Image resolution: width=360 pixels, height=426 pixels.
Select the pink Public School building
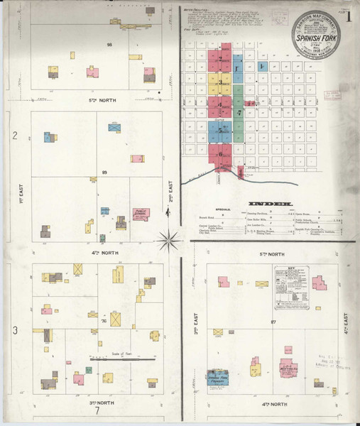pyautogui.click(x=141, y=214)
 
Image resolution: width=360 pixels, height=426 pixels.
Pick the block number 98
pyautogui.click(x=109, y=45)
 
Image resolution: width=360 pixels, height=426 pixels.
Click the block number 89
pyautogui.click(x=104, y=173)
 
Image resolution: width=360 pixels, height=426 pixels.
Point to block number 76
pyautogui.click(x=104, y=321)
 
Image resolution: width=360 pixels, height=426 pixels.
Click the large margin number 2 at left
pyautogui.click(x=14, y=135)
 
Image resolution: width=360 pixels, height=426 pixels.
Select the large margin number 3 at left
pyautogui.click(x=14, y=330)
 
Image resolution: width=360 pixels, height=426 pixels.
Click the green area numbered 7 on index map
pyautogui.click(x=240, y=112)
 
